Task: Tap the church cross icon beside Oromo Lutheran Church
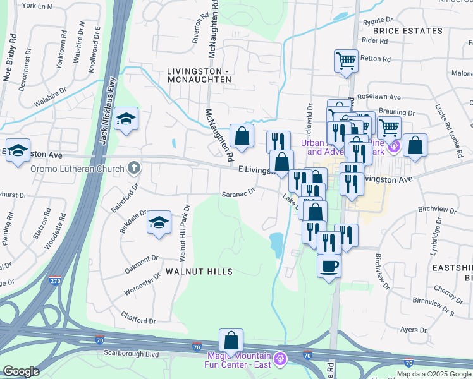(x=133, y=168)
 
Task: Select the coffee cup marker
(x=329, y=266)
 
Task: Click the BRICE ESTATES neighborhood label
(x=407, y=31)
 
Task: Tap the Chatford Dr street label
(x=138, y=321)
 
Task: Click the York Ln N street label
(x=37, y=6)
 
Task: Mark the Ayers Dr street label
(x=414, y=330)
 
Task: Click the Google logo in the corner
(x=21, y=371)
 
